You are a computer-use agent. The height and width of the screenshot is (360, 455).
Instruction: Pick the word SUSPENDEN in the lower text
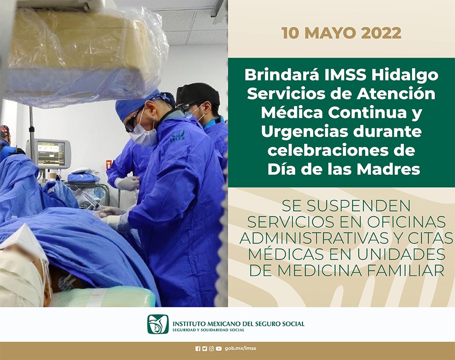tap(358, 205)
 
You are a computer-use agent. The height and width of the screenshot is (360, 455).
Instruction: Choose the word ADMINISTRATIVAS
tap(314, 238)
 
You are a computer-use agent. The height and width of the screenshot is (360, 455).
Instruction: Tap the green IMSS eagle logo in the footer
tap(158, 324)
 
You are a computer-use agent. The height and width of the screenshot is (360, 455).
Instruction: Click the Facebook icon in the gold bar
tap(198, 349)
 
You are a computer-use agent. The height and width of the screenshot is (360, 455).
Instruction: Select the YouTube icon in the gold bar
tap(219, 349)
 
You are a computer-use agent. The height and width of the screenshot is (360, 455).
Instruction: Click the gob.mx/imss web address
tap(241, 348)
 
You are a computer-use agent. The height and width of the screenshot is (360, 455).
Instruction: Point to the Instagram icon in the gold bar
tap(212, 349)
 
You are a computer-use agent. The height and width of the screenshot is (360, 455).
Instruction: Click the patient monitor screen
tap(51, 152)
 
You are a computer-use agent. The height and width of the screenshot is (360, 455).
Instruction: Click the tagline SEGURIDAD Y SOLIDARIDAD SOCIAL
tap(208, 330)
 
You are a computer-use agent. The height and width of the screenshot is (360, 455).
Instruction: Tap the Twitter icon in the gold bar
tap(204, 349)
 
